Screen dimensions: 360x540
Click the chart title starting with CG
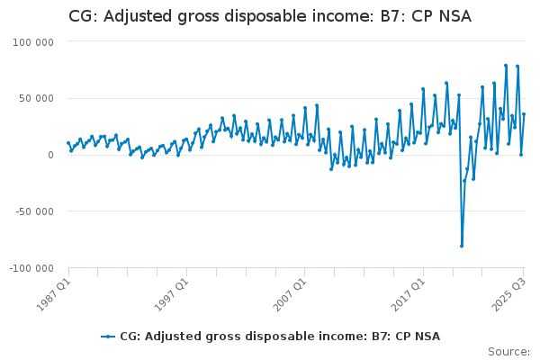tap(270, 17)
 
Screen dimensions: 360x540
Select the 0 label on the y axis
tap(50, 155)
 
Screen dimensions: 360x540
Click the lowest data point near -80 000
tap(462, 246)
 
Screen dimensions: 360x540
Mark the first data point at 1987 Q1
tap(68, 142)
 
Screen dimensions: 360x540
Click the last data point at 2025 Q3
tap(524, 113)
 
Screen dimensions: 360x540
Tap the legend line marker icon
tap(108, 336)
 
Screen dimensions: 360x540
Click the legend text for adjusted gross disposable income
tap(280, 336)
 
